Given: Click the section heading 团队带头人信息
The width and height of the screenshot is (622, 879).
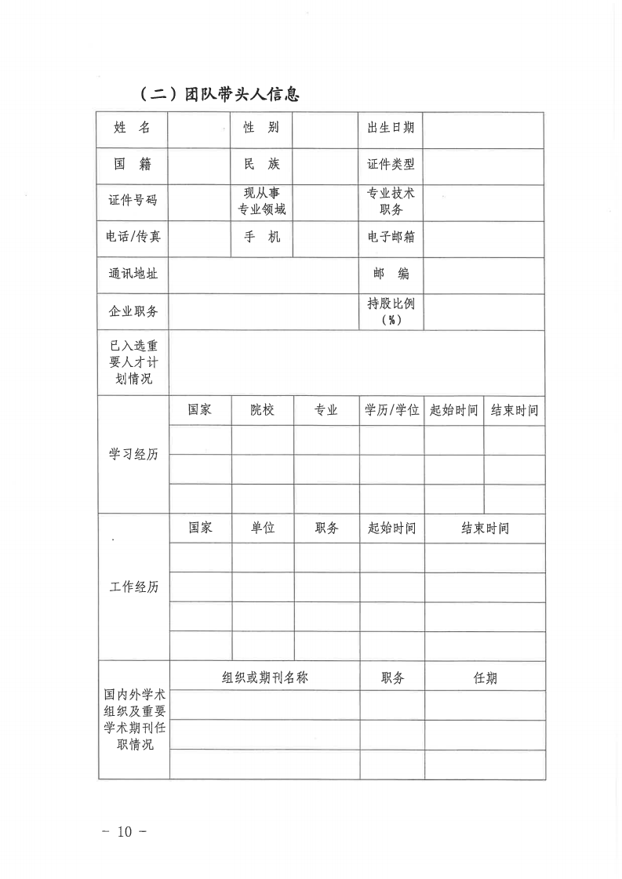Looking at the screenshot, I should pyautogui.click(x=219, y=95).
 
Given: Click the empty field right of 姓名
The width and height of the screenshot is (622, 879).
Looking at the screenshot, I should pyautogui.click(x=200, y=129).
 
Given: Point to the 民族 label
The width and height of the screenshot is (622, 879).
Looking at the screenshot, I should pyautogui.click(x=261, y=165).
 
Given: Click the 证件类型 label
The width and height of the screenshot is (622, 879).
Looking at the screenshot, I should pyautogui.click(x=391, y=165).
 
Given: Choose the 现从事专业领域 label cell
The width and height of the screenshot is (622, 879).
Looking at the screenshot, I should pyautogui.click(x=261, y=201).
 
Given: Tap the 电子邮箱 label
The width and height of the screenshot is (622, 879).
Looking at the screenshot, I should pyautogui.click(x=391, y=237).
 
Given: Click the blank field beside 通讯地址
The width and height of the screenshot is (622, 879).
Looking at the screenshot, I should pyautogui.click(x=264, y=274).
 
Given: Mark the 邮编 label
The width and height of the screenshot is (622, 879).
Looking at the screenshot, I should pyautogui.click(x=391, y=274).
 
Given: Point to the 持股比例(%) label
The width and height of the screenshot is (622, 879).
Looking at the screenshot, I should pyautogui.click(x=391, y=311).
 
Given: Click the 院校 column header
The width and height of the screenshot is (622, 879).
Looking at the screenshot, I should pyautogui.click(x=263, y=410).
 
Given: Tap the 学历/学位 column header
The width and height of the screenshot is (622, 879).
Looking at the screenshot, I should pyautogui.click(x=391, y=410).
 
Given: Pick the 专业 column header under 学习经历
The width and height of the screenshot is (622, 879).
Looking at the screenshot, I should pyautogui.click(x=326, y=410).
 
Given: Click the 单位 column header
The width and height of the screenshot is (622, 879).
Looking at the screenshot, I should pyautogui.click(x=263, y=528).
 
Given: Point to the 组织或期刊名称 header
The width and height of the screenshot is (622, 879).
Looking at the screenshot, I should pyautogui.click(x=264, y=677).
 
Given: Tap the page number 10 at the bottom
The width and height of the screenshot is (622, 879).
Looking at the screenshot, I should pyautogui.click(x=125, y=832).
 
